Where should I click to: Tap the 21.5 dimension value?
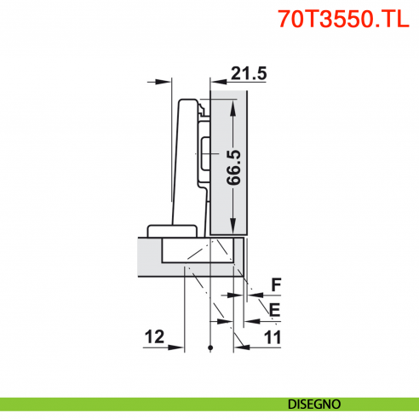coord(248,73)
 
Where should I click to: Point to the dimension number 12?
coord(154,337)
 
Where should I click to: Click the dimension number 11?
coord(273,337)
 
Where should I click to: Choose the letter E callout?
coord(274,308)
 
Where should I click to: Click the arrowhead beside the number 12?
coord(180,347)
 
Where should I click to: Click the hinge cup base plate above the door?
coord(173,230)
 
